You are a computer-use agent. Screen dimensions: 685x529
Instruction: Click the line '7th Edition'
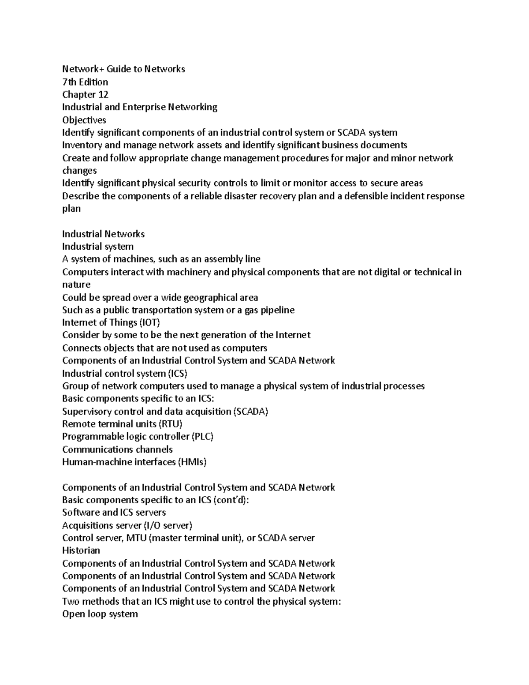(85, 82)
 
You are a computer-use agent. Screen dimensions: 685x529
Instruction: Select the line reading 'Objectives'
(84, 120)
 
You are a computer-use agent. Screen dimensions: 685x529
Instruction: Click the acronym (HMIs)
(192, 462)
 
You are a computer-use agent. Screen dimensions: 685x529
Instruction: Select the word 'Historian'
(81, 550)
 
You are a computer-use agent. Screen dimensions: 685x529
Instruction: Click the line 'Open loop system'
(100, 614)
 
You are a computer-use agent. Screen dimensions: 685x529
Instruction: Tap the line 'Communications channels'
(117, 449)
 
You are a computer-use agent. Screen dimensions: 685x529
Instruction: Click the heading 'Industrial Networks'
(103, 234)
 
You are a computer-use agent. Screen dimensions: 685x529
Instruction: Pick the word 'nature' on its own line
(76, 285)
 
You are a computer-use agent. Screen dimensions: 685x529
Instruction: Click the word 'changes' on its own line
(79, 171)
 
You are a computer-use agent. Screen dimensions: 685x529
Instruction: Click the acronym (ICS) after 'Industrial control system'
(178, 374)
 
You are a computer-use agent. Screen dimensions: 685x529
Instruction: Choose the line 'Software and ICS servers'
(114, 513)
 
